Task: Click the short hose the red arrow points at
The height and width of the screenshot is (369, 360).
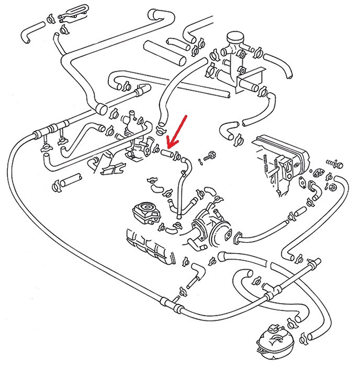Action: point(167,154)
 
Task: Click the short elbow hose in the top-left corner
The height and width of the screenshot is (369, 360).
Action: point(29,33)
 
